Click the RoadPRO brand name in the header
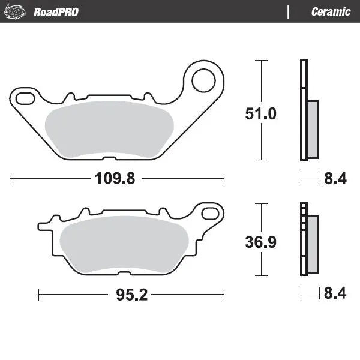tap(56, 11)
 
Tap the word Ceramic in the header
tap(331, 11)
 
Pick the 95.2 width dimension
tap(131, 295)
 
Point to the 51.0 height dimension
tap(260, 113)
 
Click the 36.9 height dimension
tap(260, 242)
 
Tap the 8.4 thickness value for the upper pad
tap(335, 178)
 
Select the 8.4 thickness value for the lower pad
tap(335, 294)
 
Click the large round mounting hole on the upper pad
tap(203, 78)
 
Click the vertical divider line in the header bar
tap(289, 11)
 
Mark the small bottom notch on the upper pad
tap(108, 158)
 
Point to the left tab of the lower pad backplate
tap(44, 226)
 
